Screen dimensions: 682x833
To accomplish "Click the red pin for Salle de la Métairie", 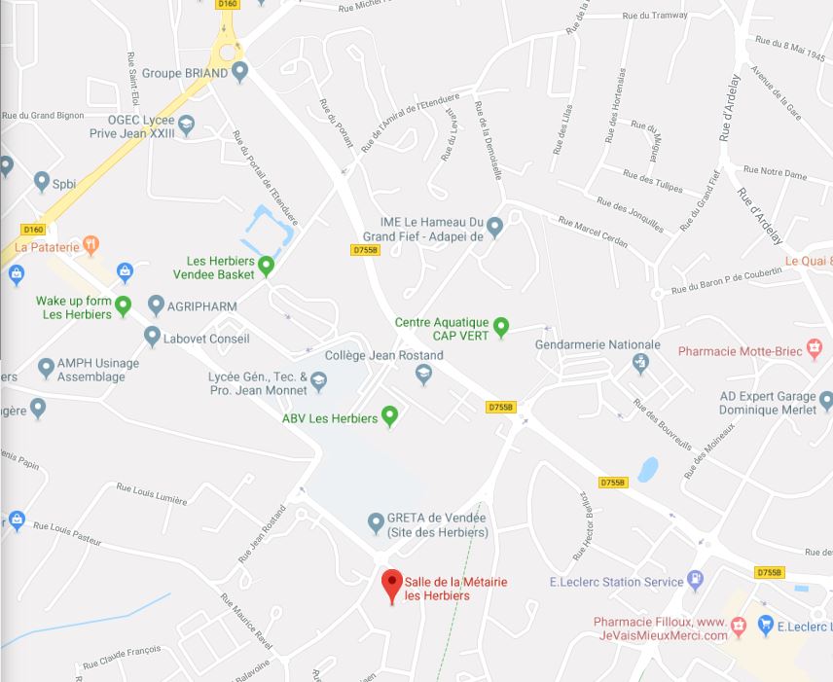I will tap(392, 584).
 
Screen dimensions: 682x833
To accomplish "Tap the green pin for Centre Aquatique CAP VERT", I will tap(501, 327).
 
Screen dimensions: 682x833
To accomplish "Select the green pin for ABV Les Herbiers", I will tap(390, 417).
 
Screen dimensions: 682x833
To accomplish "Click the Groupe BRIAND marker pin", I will tap(239, 71).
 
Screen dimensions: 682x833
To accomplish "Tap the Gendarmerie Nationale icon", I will tap(640, 364).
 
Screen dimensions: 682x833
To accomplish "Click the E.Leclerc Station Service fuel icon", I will tap(696, 581).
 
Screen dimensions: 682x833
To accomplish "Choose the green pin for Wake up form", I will tap(123, 305).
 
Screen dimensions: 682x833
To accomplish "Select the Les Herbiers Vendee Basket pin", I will tap(265, 265).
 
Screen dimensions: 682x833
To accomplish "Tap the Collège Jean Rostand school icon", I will tap(422, 375).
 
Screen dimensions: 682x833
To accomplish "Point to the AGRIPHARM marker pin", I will tap(155, 305).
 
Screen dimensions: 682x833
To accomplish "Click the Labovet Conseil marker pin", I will tap(152, 337).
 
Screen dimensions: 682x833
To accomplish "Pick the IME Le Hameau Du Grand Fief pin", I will tap(494, 228).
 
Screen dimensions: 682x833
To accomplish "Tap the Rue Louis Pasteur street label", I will tap(68, 533).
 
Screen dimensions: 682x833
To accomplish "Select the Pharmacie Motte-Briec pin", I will tap(816, 351).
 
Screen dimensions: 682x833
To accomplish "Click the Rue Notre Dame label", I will tap(782, 174).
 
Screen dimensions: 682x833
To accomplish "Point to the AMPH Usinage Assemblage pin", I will tap(46, 369).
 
